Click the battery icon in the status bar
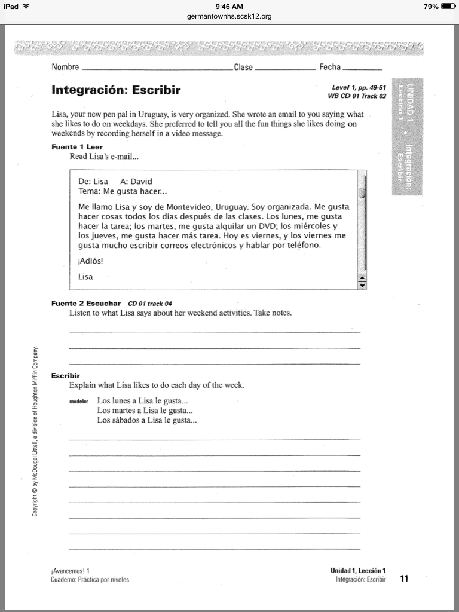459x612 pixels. coord(448,6)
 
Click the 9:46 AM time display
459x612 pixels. coord(229,6)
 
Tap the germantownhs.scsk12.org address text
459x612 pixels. coord(229,16)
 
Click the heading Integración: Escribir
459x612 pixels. coord(116,90)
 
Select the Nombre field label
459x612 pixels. coord(65,67)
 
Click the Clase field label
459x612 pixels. coord(243,67)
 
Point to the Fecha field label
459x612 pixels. coord(330,67)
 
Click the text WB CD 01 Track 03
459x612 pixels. coord(357,96)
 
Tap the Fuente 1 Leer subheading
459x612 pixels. coord(77,147)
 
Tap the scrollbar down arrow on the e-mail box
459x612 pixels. coord(361,286)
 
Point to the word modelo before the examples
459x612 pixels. coord(79,402)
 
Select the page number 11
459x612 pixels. coord(405,578)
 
